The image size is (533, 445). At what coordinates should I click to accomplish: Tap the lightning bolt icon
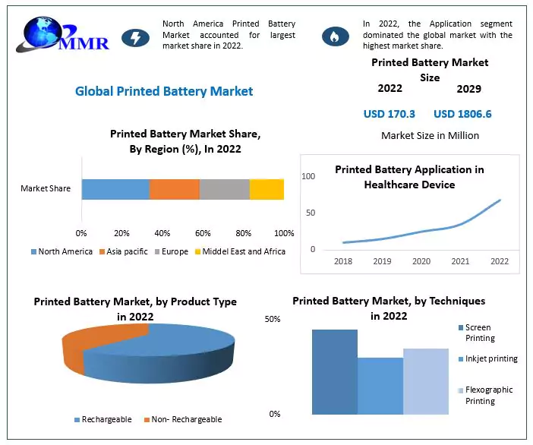(136, 36)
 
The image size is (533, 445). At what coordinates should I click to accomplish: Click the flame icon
(332, 36)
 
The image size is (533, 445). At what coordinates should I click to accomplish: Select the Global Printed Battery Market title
(164, 91)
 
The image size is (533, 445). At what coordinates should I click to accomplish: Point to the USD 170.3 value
(389, 114)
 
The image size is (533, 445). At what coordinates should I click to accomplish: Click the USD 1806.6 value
(462, 114)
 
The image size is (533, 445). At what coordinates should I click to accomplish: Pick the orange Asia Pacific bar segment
(174, 189)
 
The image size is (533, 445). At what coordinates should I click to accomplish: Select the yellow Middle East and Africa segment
(266, 189)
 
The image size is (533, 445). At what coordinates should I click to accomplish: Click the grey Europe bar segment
(224, 189)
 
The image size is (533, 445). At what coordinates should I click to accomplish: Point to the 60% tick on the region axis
(203, 232)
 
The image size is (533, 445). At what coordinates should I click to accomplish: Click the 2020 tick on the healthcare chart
(421, 261)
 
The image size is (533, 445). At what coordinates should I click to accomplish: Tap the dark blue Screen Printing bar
(334, 371)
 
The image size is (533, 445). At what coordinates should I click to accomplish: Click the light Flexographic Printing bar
(425, 381)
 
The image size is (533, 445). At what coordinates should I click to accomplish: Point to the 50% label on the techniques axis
(273, 320)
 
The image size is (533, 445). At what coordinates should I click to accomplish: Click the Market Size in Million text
(430, 136)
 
